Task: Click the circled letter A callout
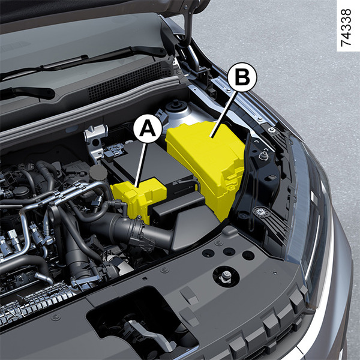click(x=148, y=129)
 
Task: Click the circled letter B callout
click(x=242, y=77)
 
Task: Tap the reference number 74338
click(x=346, y=28)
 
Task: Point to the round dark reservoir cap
click(x=98, y=172)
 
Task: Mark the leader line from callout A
click(x=141, y=165)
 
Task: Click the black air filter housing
click(x=184, y=220)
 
